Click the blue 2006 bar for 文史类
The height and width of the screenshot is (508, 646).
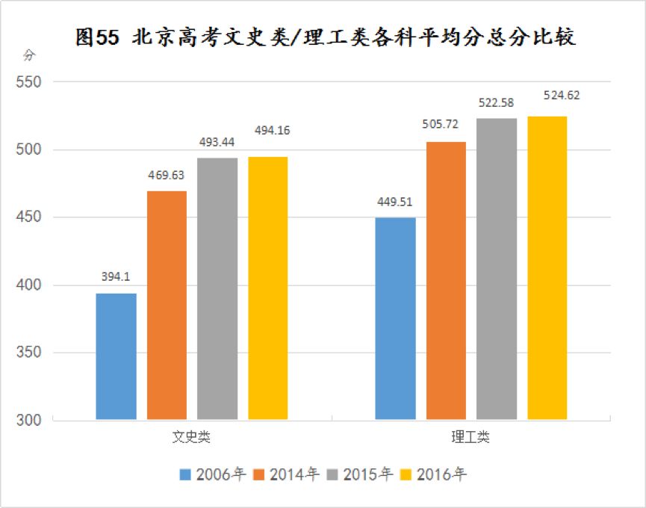(117, 356)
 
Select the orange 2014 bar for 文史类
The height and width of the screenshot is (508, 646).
(167, 305)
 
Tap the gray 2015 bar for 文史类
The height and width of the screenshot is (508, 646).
(217, 288)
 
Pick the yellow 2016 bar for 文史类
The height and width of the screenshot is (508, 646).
(267, 288)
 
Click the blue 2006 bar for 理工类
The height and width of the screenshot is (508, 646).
(396, 318)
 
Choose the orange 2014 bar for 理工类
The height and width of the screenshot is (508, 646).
(446, 280)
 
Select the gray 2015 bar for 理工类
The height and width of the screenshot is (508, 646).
(497, 269)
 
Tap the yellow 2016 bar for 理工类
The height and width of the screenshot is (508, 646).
(547, 267)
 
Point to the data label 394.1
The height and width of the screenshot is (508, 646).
(116, 276)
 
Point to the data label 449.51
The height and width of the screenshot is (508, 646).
(396, 201)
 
